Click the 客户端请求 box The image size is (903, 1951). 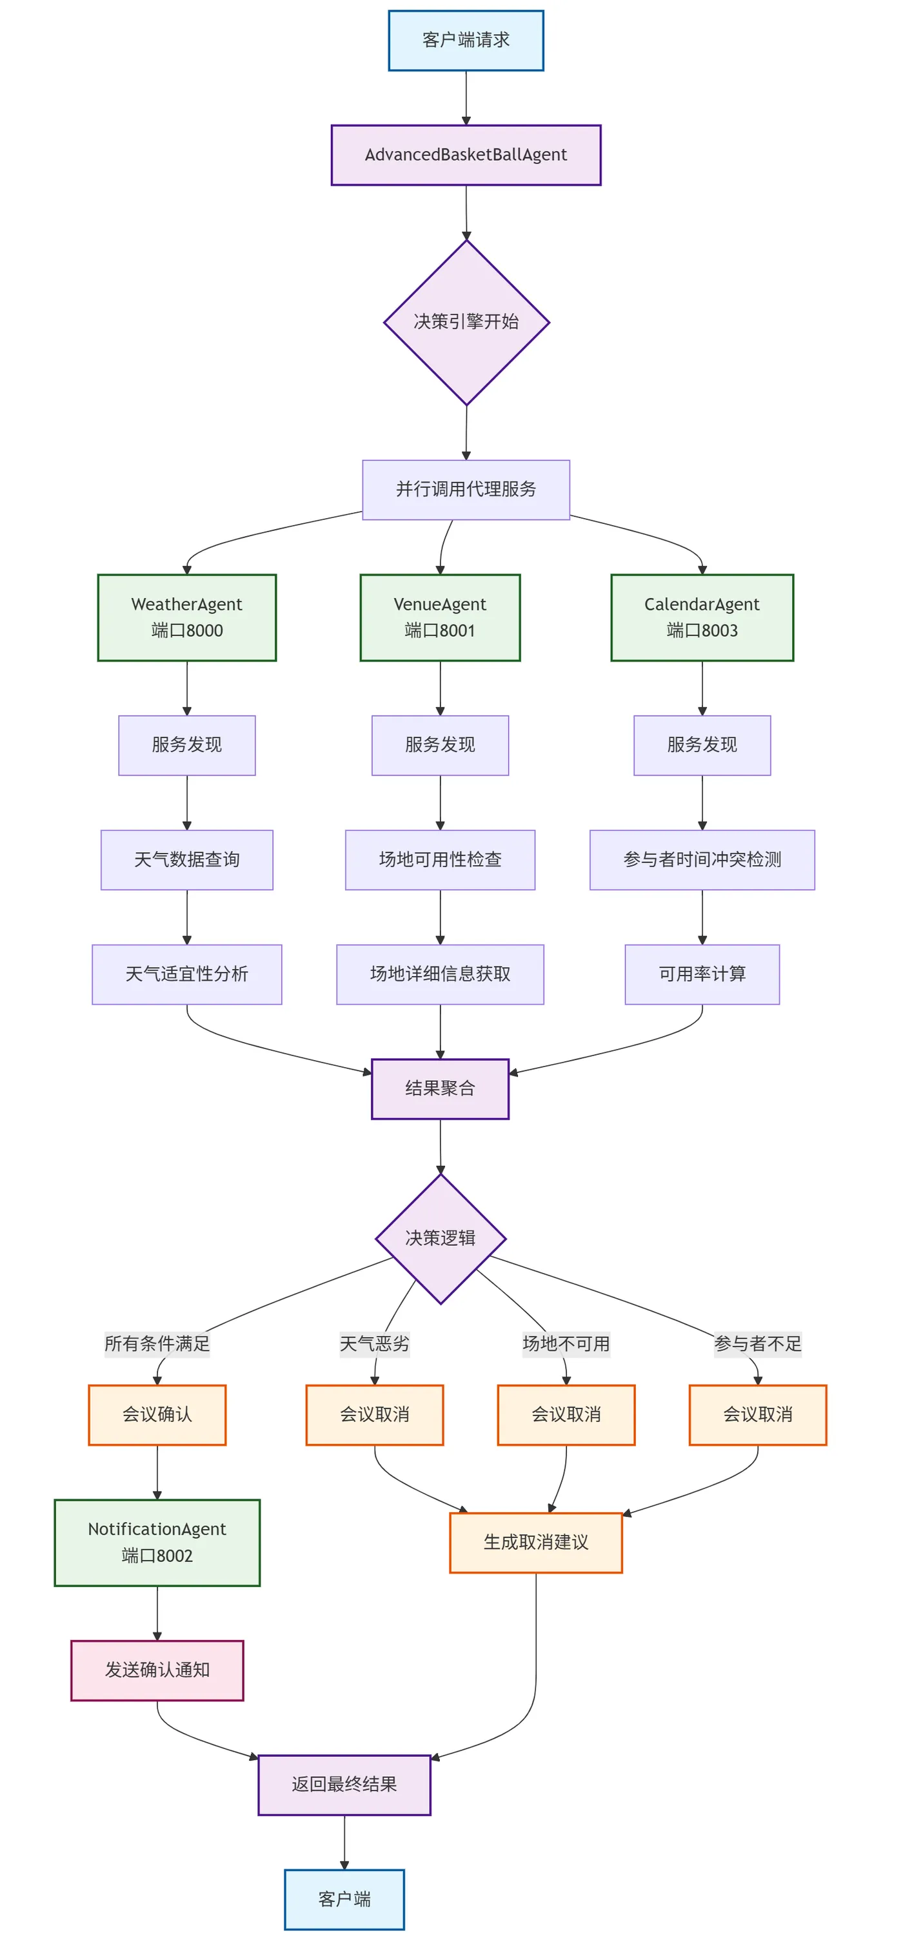pos(466,40)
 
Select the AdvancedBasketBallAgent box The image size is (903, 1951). pos(466,154)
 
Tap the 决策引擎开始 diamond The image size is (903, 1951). pos(466,322)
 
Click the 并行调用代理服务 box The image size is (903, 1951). pos(466,489)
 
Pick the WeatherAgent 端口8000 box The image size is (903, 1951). pos(187,617)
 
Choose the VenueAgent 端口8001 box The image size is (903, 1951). pos(440,617)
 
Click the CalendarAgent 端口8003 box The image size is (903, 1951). pos(702,617)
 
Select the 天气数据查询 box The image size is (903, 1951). pos(187,859)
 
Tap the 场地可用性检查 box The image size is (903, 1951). pos(440,859)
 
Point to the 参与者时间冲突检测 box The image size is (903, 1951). pos(702,859)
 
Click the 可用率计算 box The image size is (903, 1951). pos(702,974)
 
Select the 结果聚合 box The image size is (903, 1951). pos(440,1088)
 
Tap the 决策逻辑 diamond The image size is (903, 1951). pos(440,1238)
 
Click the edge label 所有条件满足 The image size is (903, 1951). pos(157,1344)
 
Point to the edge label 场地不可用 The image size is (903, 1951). pos(566,1344)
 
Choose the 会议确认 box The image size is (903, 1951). pos(157,1415)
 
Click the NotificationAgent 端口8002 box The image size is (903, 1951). pos(157,1542)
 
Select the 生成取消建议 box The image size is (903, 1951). pos(535,1542)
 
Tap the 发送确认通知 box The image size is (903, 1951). pos(157,1670)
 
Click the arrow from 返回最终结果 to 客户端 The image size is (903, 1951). pos(344,1842)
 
